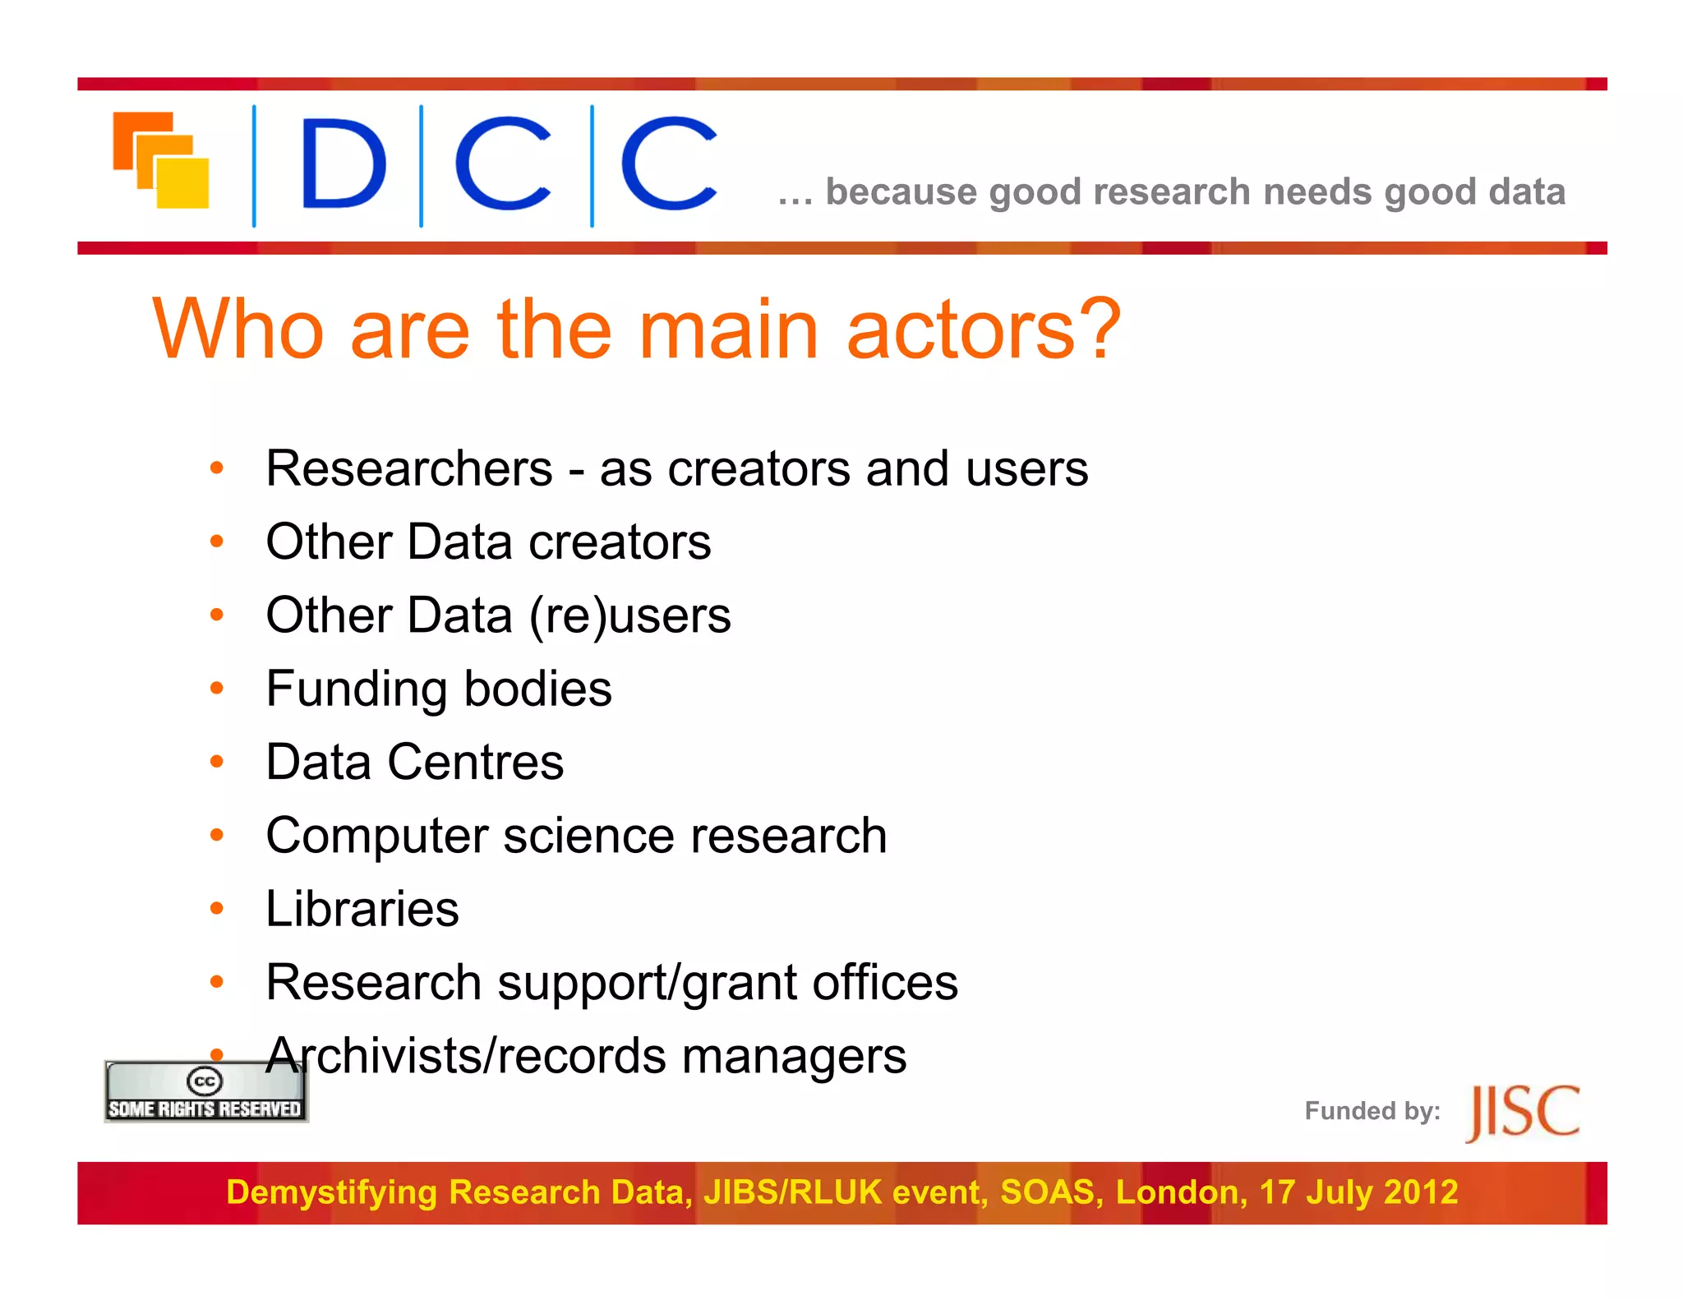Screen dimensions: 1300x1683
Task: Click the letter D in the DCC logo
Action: tap(343, 164)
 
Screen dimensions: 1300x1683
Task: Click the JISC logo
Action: tap(1522, 1112)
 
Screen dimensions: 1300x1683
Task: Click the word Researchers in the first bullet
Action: tap(409, 469)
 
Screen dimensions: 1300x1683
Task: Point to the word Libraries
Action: tap(362, 910)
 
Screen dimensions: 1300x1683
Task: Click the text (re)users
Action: tap(629, 615)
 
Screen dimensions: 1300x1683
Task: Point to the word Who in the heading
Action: tap(238, 330)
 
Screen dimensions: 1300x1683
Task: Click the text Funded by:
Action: tap(1372, 1112)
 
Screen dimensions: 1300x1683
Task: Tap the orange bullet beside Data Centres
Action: tap(217, 762)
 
